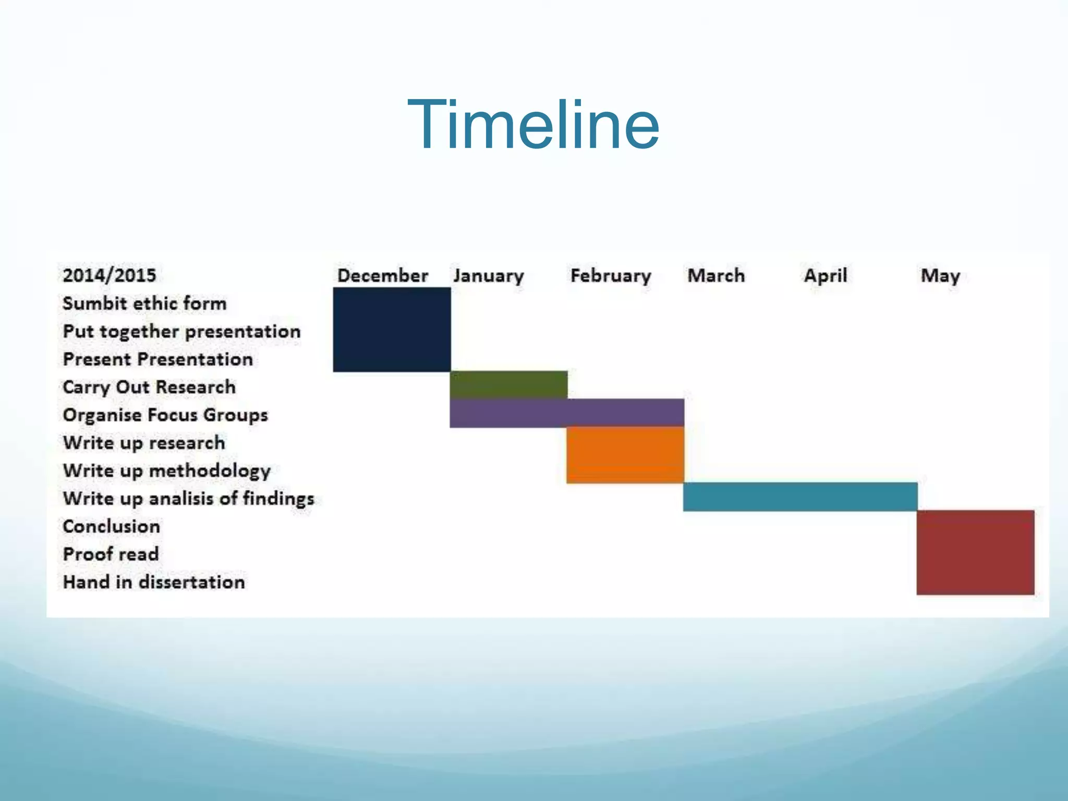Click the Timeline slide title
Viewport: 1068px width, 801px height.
coord(533,125)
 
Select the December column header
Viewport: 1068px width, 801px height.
coord(382,275)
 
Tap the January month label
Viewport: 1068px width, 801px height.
coord(488,275)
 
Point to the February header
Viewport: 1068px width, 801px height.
coord(611,275)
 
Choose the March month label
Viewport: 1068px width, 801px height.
coord(716,275)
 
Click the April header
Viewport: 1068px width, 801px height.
coord(825,275)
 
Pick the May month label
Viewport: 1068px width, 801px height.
coord(940,275)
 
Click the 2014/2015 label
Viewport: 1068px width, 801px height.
coord(110,275)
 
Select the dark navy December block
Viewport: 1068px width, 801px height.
coord(392,330)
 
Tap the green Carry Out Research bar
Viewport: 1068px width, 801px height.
coord(508,385)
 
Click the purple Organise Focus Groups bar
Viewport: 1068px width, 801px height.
coord(567,413)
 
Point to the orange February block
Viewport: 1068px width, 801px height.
coord(625,455)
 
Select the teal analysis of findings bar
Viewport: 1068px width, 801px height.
coord(800,496)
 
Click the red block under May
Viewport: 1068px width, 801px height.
coord(975,552)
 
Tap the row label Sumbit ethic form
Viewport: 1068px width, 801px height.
coord(144,304)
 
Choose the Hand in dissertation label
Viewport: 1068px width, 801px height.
coord(154,582)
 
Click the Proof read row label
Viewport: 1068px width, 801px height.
coord(111,554)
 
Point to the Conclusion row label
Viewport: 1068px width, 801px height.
coord(111,526)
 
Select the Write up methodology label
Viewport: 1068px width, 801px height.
coord(167,471)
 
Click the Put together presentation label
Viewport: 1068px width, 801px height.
coord(181,332)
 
